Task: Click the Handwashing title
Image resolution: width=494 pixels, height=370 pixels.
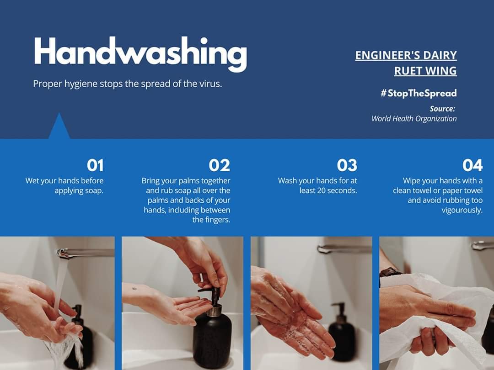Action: pos(140,53)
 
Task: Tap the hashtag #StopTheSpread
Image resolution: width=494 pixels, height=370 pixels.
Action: pos(419,93)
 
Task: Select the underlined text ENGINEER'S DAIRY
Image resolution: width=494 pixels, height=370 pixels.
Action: pos(406,55)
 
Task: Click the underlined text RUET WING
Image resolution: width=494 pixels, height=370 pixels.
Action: pos(425,71)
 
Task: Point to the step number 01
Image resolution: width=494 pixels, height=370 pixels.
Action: pos(95,165)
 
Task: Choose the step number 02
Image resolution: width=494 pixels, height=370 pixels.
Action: pos(220,165)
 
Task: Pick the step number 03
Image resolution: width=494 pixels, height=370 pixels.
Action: pos(347,165)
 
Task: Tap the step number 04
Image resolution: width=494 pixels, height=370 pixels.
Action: pos(472,165)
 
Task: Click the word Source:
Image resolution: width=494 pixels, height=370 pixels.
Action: pos(442,109)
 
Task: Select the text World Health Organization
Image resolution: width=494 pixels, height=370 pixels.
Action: pos(414,119)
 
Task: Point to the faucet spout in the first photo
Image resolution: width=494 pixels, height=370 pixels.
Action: pos(85,253)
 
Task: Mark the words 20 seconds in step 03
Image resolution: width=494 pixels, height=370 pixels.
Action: pos(337,190)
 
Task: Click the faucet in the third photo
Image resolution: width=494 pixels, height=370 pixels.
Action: pos(345,249)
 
